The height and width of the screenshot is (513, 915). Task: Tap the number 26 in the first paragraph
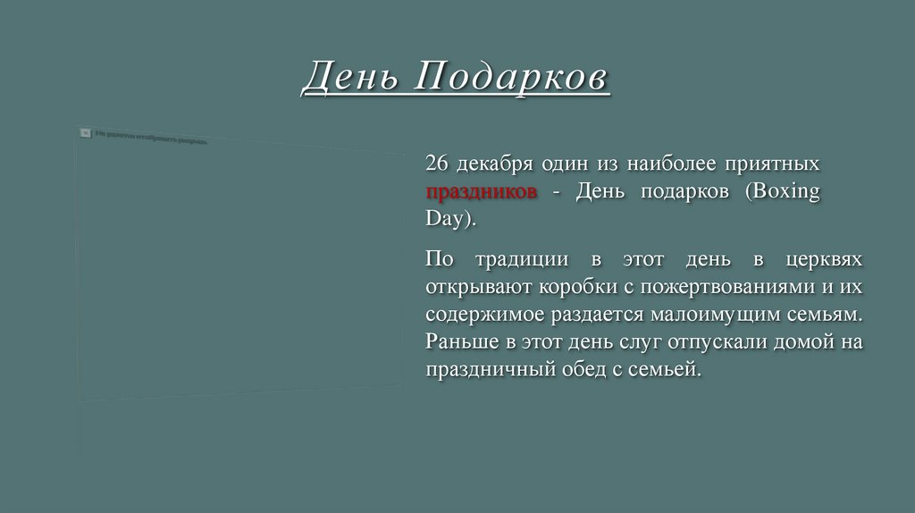[x=435, y=165]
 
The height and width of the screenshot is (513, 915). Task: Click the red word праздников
[x=481, y=192]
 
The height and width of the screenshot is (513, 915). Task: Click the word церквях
[x=825, y=260]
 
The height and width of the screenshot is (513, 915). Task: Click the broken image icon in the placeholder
[x=86, y=132]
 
